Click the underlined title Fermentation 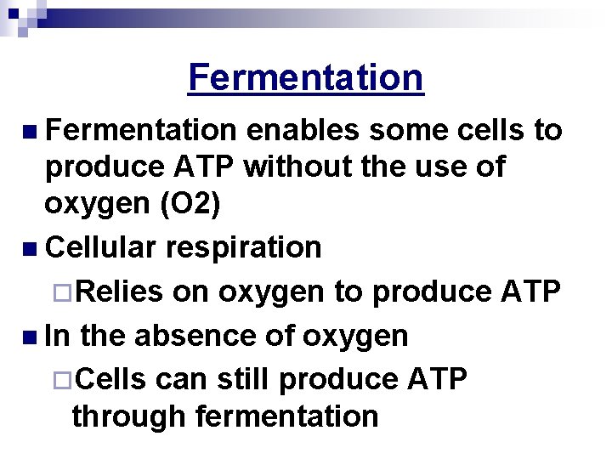(x=305, y=77)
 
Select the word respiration (x=244, y=247)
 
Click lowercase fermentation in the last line (x=286, y=416)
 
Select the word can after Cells (x=180, y=380)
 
